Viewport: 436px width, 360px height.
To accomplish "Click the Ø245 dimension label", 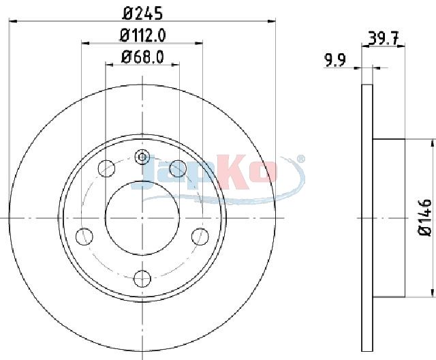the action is tap(142, 13).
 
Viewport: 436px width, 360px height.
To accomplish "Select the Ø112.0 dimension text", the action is tap(142, 35).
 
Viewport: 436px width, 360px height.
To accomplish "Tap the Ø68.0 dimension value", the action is tap(142, 57).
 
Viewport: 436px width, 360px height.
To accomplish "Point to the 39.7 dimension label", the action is tap(384, 38).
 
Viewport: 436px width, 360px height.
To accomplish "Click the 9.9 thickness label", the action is tap(334, 60).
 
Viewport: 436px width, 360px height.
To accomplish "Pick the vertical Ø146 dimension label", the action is tap(425, 217).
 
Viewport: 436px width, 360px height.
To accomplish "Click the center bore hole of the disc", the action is tap(142, 217).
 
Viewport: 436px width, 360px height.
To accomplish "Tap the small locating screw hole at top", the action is tap(142, 157).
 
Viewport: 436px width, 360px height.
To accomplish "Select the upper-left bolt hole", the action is tap(106, 168).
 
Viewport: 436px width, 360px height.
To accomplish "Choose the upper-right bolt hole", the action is tap(178, 168).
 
